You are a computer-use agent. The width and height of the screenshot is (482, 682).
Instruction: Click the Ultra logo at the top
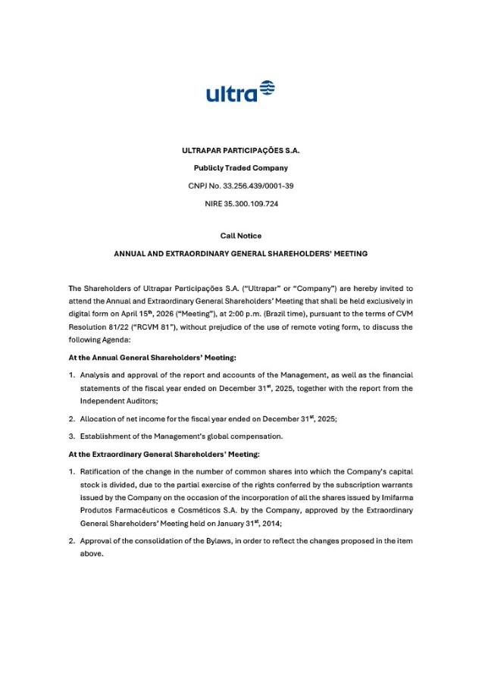coord(240,91)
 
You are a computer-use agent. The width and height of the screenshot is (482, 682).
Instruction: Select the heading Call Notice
coord(240,236)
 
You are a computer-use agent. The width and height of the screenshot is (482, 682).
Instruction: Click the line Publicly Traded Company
coord(240,167)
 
